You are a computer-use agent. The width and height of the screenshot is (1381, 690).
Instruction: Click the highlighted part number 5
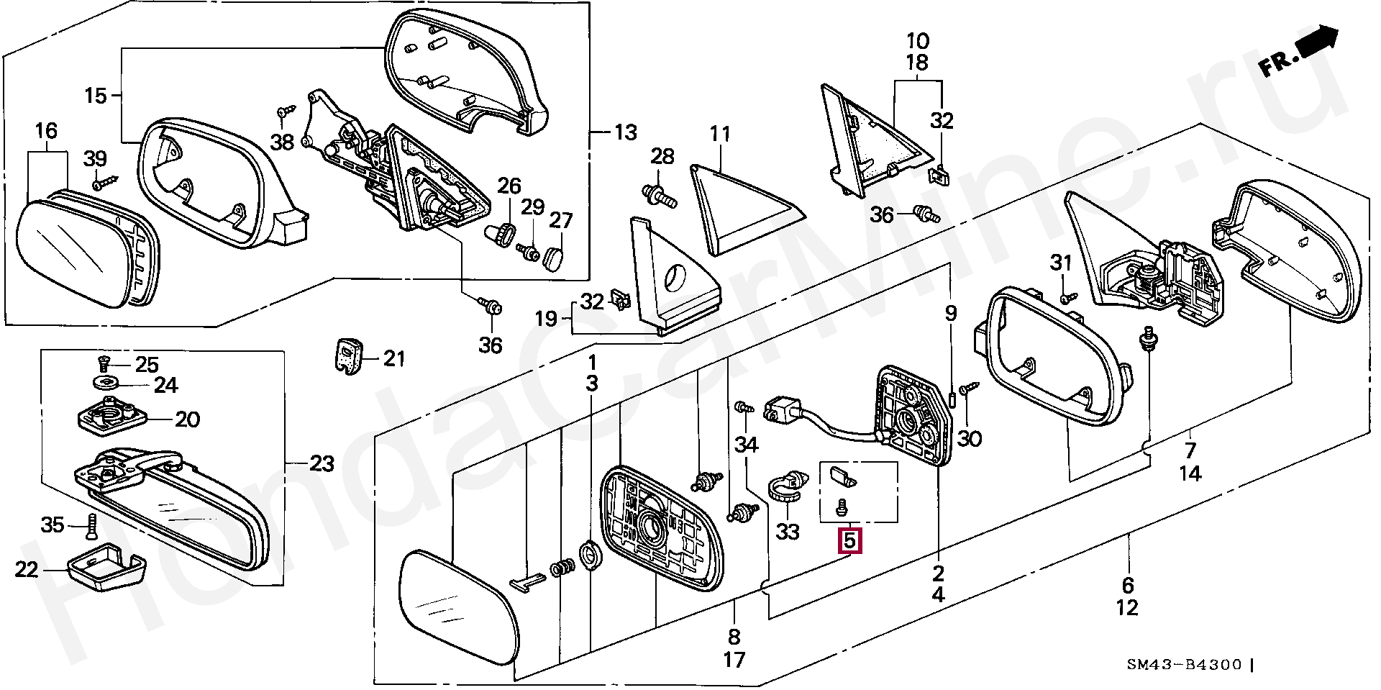(850, 539)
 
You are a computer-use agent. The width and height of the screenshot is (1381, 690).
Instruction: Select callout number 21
(394, 358)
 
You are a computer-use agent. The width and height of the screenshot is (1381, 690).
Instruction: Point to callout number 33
(788, 532)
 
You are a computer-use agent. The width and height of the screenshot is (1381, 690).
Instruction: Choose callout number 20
(187, 419)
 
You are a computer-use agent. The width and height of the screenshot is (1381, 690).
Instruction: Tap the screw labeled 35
(91, 527)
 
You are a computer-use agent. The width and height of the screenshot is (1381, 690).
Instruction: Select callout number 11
(720, 134)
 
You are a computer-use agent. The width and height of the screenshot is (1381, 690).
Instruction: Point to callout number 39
(95, 159)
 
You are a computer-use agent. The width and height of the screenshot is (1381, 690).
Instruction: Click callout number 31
(1061, 263)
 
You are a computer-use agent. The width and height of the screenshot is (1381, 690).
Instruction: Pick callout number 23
(322, 464)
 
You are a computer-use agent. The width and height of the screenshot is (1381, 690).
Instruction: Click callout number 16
(46, 131)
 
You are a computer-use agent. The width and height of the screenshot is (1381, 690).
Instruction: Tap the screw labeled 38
(286, 112)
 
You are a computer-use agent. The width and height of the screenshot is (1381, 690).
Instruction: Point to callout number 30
(970, 438)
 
